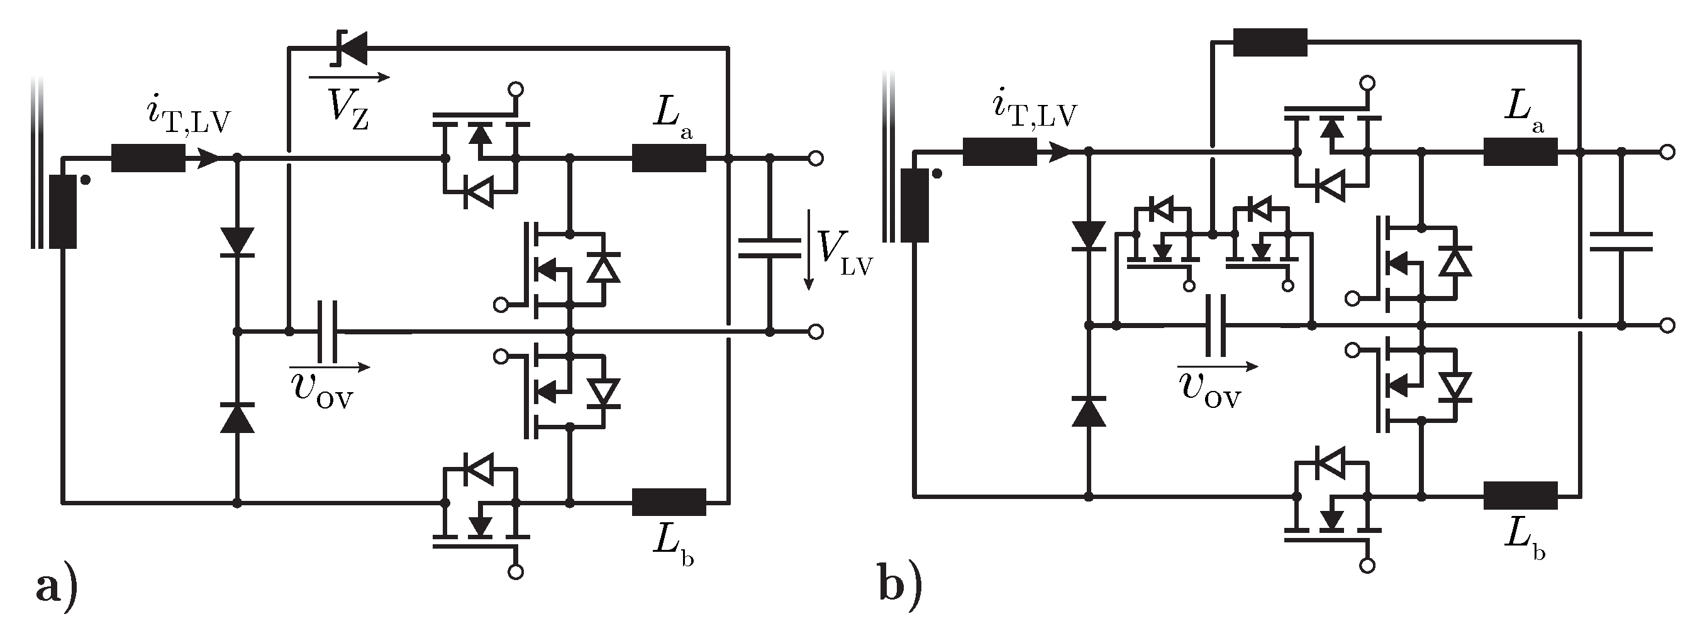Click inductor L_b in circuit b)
(1520, 495)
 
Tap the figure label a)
(56, 587)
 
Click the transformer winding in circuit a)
(63, 211)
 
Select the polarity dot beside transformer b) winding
(936, 174)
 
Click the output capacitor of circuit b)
(1621, 241)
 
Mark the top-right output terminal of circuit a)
(816, 158)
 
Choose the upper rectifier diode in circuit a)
(238, 241)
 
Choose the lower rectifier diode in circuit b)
(1088, 412)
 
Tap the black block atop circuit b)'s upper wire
(1270, 42)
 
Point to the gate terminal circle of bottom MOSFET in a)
(517, 572)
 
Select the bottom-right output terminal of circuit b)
(1668, 326)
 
